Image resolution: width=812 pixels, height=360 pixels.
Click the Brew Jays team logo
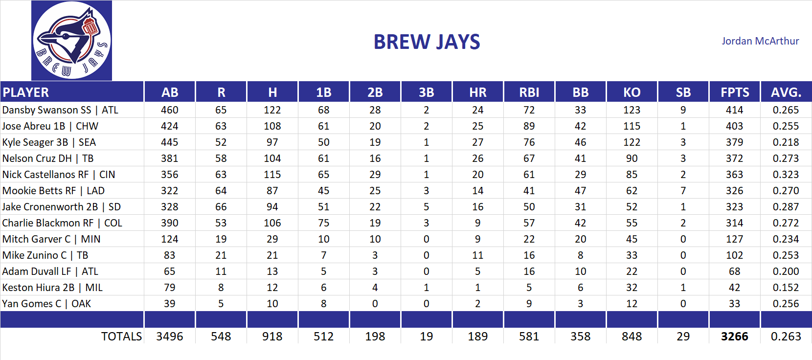tap(71, 41)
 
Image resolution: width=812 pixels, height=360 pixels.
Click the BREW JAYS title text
tap(427, 42)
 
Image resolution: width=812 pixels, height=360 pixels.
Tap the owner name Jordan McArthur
tap(760, 41)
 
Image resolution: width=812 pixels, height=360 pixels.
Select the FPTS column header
tap(735, 92)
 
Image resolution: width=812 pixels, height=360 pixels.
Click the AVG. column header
tap(786, 92)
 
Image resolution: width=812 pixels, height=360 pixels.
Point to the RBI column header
tap(529, 92)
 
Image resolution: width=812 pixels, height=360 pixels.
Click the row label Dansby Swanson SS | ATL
tap(60, 110)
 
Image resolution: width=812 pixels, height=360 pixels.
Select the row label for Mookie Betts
tap(53, 191)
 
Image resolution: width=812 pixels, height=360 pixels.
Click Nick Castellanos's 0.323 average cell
tap(786, 175)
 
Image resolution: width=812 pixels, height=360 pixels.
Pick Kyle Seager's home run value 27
tap(477, 142)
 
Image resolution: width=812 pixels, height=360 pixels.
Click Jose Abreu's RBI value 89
tap(529, 126)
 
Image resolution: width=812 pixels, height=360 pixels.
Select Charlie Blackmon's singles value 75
tap(323, 223)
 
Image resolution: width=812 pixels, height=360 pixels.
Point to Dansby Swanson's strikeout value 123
tap(632, 110)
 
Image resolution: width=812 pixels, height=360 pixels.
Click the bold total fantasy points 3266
tap(734, 337)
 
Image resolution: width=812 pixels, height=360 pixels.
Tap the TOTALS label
tap(121, 337)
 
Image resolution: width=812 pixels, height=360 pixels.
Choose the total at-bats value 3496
tap(169, 337)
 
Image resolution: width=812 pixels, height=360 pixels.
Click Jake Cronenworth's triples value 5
tap(426, 207)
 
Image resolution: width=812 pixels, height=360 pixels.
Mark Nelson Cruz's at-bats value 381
tap(169, 158)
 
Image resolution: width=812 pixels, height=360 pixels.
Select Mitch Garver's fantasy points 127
tap(734, 239)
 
